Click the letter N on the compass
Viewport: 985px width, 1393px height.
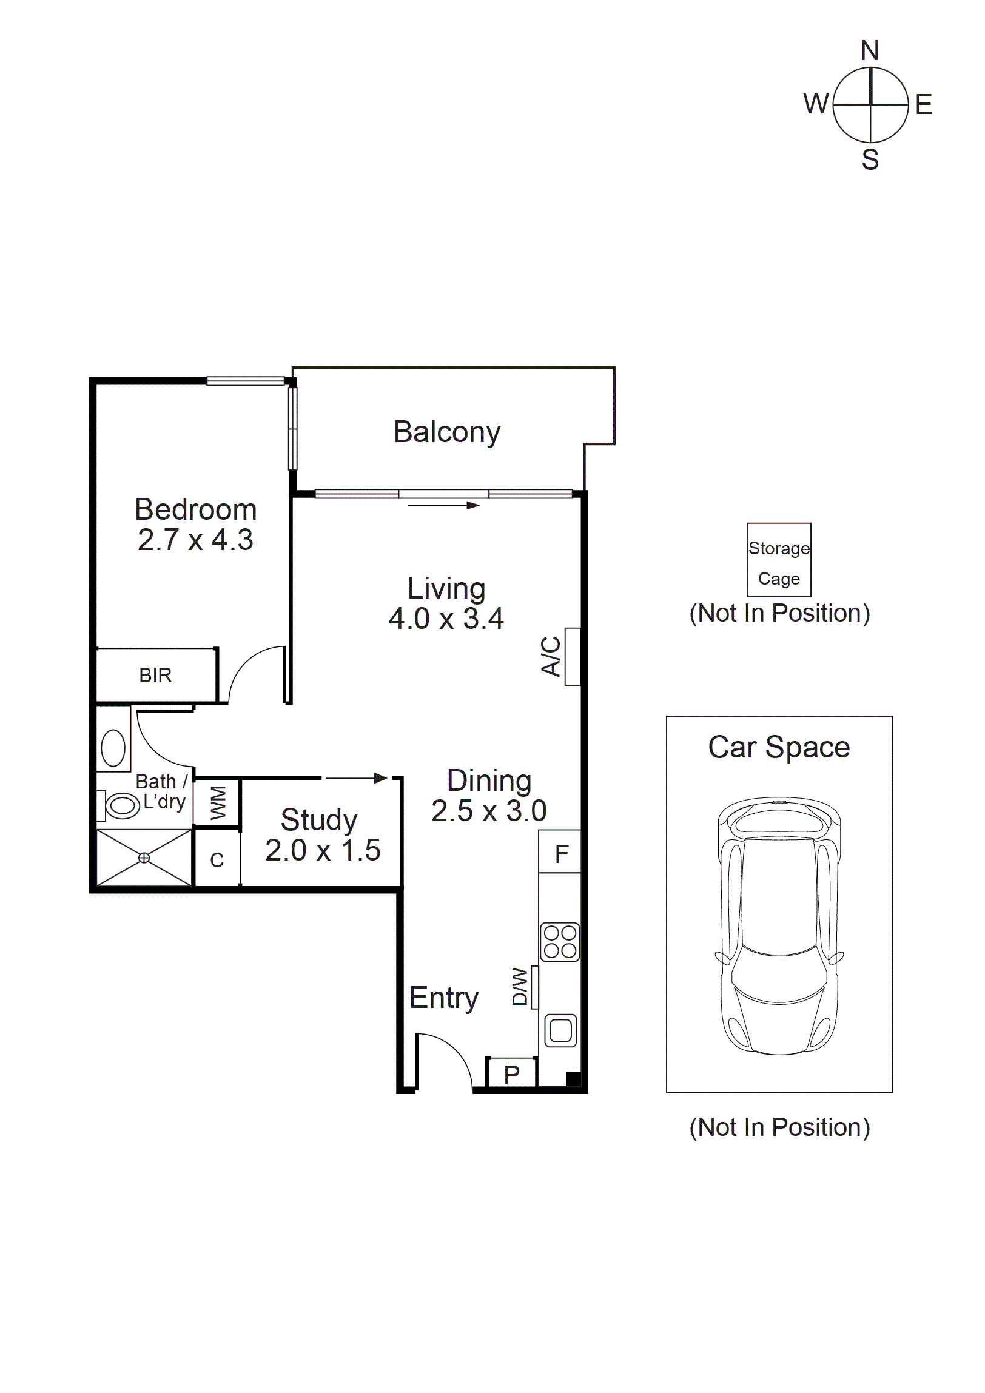(x=870, y=51)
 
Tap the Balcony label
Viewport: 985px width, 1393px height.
(x=446, y=432)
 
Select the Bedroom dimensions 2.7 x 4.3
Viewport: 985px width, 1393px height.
(x=195, y=540)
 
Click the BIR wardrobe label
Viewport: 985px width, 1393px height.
(x=155, y=675)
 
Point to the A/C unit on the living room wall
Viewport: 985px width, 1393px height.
(x=573, y=656)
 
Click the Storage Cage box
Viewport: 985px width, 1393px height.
(x=779, y=560)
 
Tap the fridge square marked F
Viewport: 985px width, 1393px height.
(x=560, y=854)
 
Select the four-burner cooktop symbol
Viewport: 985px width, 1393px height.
(x=560, y=942)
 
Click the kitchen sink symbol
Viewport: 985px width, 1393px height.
(x=560, y=1030)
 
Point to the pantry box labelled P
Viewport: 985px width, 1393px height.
(x=512, y=1075)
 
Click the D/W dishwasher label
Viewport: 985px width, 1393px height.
(x=520, y=987)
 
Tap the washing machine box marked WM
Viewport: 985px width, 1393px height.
(x=217, y=802)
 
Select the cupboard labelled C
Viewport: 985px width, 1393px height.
(x=217, y=860)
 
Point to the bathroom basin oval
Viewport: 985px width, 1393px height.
(x=113, y=748)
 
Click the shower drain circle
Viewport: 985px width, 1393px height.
(x=144, y=858)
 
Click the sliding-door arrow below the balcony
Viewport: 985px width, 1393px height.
(x=443, y=505)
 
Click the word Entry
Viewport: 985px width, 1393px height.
(x=443, y=998)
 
